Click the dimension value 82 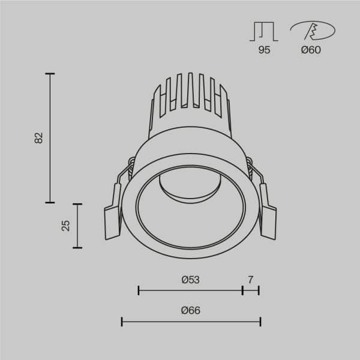pos(39,138)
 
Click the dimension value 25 pos(66,225)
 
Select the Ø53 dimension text pos(190,279)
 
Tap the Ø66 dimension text pos(190,310)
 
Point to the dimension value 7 pos(251,279)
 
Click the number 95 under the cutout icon pos(264,50)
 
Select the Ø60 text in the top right pos(311,50)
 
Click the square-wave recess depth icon pos(264,31)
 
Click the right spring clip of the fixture pos(268,216)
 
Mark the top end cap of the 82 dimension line pos(50,74)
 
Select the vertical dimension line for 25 pos(77,225)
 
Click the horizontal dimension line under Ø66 pos(190,322)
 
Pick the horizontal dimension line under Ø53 pos(190,290)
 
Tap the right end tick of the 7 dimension pos(259,290)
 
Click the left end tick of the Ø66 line pos(122,322)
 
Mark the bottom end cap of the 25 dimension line pos(77,247)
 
